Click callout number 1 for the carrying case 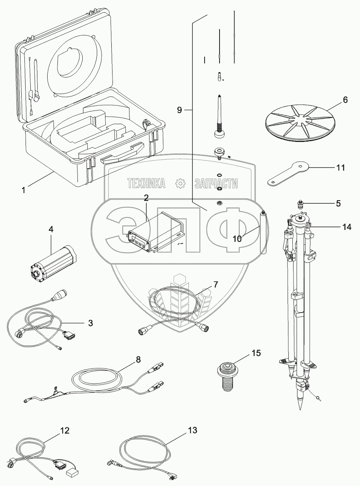(x=24, y=190)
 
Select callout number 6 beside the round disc (x=345, y=100)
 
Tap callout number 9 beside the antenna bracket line (x=179, y=110)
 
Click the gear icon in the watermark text (x=180, y=183)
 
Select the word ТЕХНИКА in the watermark (x=146, y=183)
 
